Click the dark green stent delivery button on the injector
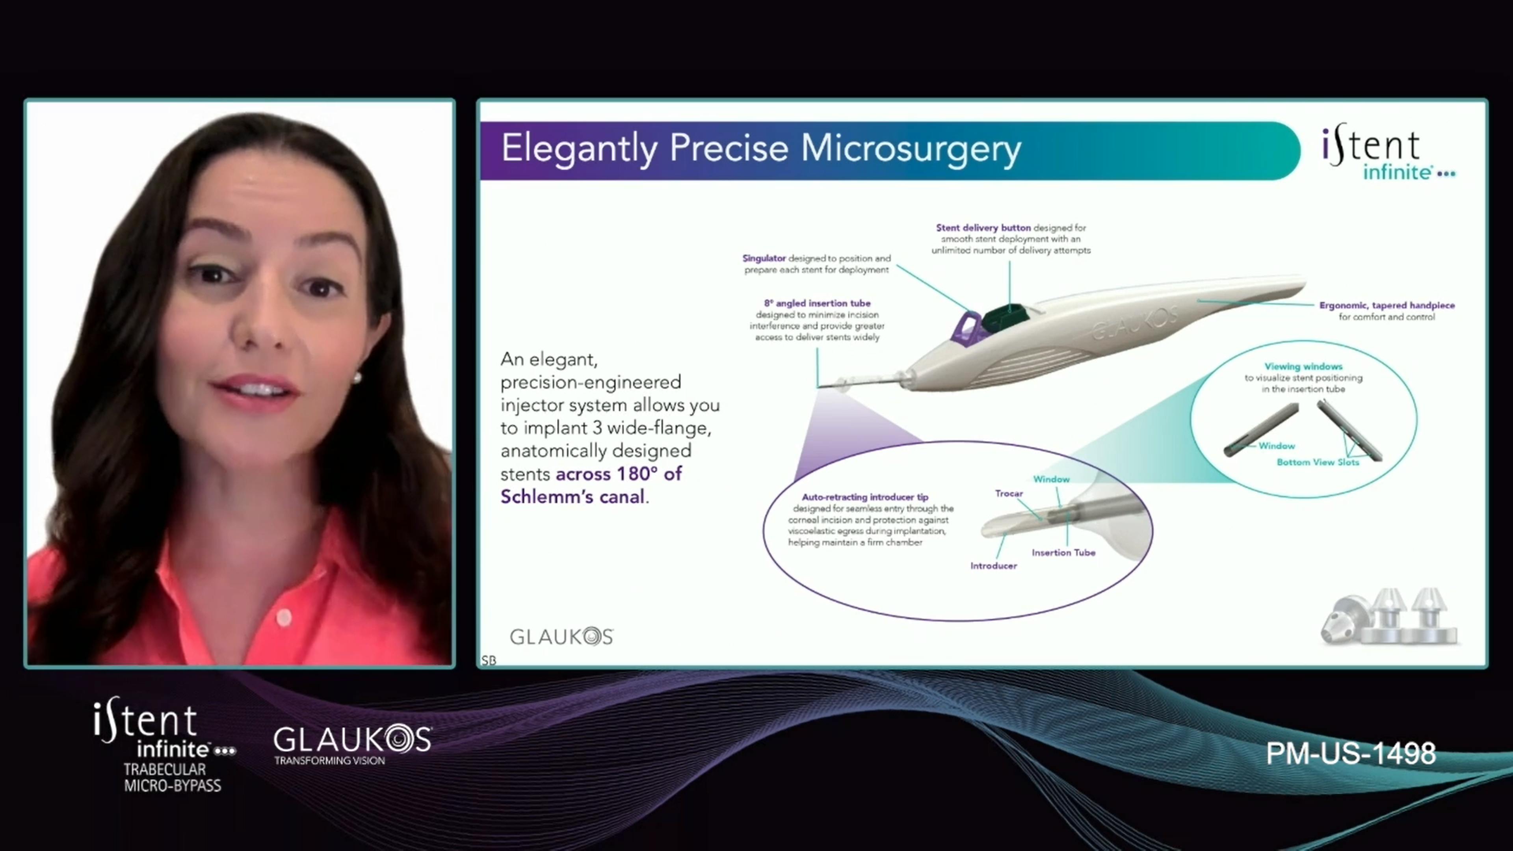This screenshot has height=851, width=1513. [x=1007, y=318]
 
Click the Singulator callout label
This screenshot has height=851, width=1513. [x=764, y=258]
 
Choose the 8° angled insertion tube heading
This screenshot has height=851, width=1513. [x=817, y=303]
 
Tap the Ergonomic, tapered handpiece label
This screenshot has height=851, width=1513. [x=1387, y=305]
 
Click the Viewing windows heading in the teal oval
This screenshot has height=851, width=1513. [x=1303, y=366]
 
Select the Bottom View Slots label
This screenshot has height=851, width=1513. [x=1318, y=462]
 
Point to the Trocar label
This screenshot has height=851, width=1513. [x=1009, y=493]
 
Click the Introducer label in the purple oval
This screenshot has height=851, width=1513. [x=993, y=566]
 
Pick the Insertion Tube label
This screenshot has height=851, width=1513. [x=1063, y=553]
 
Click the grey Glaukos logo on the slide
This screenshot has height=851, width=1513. [x=561, y=636]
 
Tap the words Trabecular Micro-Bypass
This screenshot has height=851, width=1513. [x=172, y=778]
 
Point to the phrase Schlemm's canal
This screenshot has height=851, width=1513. [x=572, y=497]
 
